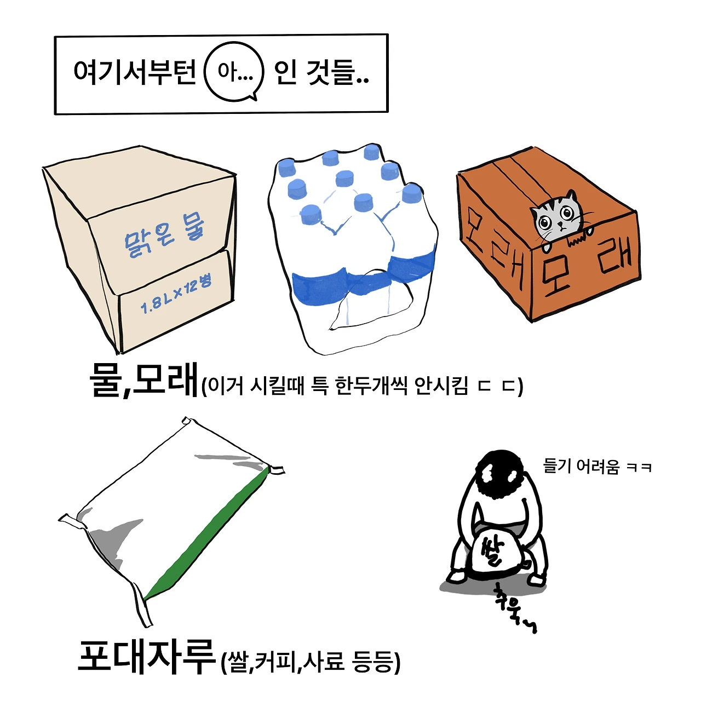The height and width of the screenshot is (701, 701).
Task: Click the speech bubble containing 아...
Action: (234, 72)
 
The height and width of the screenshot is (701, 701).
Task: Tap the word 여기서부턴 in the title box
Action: (135, 72)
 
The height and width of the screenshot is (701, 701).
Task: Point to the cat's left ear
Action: (572, 197)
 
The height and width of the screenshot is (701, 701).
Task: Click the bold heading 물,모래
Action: (144, 380)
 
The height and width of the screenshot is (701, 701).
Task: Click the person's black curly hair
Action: (501, 474)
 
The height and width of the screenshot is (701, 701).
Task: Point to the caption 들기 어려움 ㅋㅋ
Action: (596, 466)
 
